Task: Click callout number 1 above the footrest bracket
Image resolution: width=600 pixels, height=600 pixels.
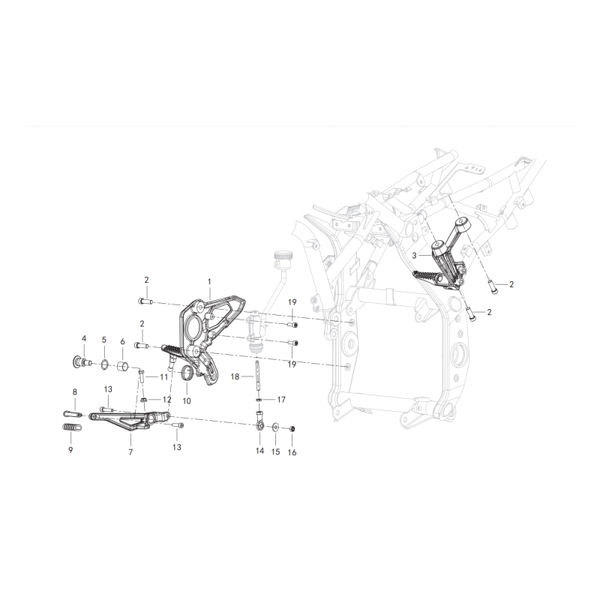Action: (x=209, y=282)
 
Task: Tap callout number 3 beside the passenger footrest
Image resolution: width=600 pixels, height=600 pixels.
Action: (x=415, y=255)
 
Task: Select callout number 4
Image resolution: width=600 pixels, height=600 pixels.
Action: (x=84, y=338)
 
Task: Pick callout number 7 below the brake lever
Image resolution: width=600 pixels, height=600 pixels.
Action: (x=130, y=452)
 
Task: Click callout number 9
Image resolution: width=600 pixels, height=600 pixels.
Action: (x=70, y=450)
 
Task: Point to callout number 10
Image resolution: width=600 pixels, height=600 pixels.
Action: (x=186, y=401)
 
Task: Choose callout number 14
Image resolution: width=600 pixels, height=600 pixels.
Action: (x=259, y=451)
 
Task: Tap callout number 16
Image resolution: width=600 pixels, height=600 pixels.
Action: (x=292, y=453)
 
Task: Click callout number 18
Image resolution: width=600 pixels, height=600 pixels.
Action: (x=235, y=377)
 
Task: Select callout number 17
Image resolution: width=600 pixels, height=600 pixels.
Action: (x=281, y=400)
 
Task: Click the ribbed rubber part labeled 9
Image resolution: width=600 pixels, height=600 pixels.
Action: (x=71, y=427)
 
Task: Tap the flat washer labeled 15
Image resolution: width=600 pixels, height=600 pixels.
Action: (x=275, y=427)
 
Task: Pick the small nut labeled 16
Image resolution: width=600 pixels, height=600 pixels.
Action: (x=292, y=428)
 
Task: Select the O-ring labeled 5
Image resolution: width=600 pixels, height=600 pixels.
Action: (x=104, y=364)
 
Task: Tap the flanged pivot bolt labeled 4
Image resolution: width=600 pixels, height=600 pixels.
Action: (x=82, y=361)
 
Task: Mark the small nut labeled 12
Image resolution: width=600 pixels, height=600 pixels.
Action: (x=144, y=400)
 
